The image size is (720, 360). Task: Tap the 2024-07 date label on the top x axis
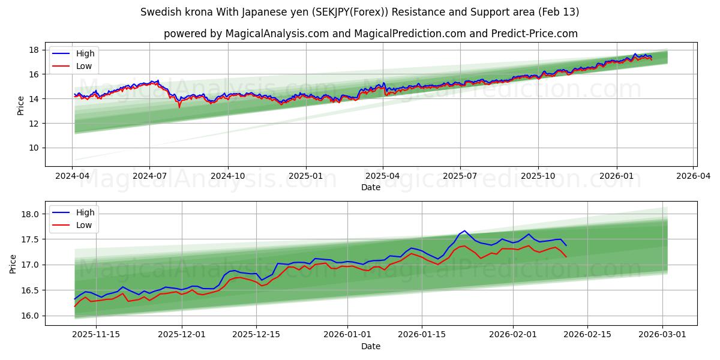[x=149, y=177]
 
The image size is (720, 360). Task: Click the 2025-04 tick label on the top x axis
[x=383, y=177]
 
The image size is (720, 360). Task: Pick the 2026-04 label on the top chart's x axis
[x=693, y=177]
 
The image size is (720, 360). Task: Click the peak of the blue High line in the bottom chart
[x=464, y=230]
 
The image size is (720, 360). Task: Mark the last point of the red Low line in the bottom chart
[x=566, y=257]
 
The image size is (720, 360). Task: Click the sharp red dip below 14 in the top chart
[x=179, y=107]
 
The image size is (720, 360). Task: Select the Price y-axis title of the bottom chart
[x=13, y=263]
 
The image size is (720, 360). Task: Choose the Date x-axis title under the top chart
[x=370, y=187]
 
